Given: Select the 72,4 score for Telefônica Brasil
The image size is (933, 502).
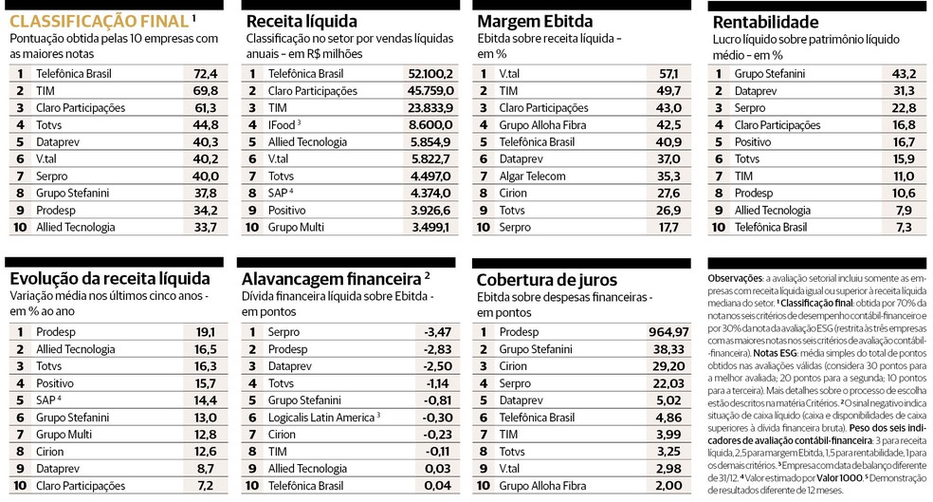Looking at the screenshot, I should (x=206, y=73).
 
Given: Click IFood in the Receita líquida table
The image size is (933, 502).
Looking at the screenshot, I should (x=282, y=124).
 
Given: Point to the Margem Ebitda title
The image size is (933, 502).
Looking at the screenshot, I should (x=534, y=21).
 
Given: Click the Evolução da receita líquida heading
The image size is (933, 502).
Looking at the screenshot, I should (x=110, y=278).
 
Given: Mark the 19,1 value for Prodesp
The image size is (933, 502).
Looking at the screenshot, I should (x=206, y=332).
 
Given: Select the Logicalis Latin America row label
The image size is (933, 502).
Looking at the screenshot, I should (x=322, y=418).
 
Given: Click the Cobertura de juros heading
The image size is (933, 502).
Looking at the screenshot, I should (x=546, y=280).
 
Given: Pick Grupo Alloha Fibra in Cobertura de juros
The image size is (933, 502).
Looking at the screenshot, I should (x=542, y=486).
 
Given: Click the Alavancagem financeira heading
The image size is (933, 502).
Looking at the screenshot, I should (x=331, y=279).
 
